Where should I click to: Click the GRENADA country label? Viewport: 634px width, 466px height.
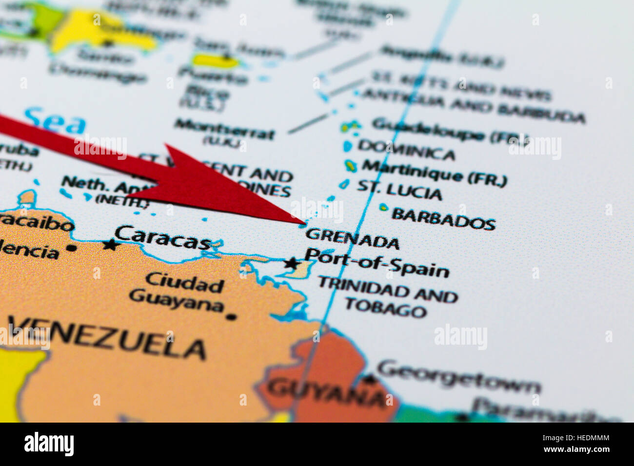(x=352, y=238)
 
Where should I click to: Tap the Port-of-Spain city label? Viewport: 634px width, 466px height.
(x=377, y=263)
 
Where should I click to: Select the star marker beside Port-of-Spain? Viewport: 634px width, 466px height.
(x=292, y=264)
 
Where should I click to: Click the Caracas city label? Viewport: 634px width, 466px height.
(x=163, y=237)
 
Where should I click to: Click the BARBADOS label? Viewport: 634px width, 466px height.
(x=443, y=219)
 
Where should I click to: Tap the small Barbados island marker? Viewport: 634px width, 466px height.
(x=384, y=207)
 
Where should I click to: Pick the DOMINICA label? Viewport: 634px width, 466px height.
(x=406, y=150)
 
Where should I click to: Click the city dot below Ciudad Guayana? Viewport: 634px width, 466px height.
(x=231, y=317)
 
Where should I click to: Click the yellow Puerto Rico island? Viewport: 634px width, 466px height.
(x=215, y=61)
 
